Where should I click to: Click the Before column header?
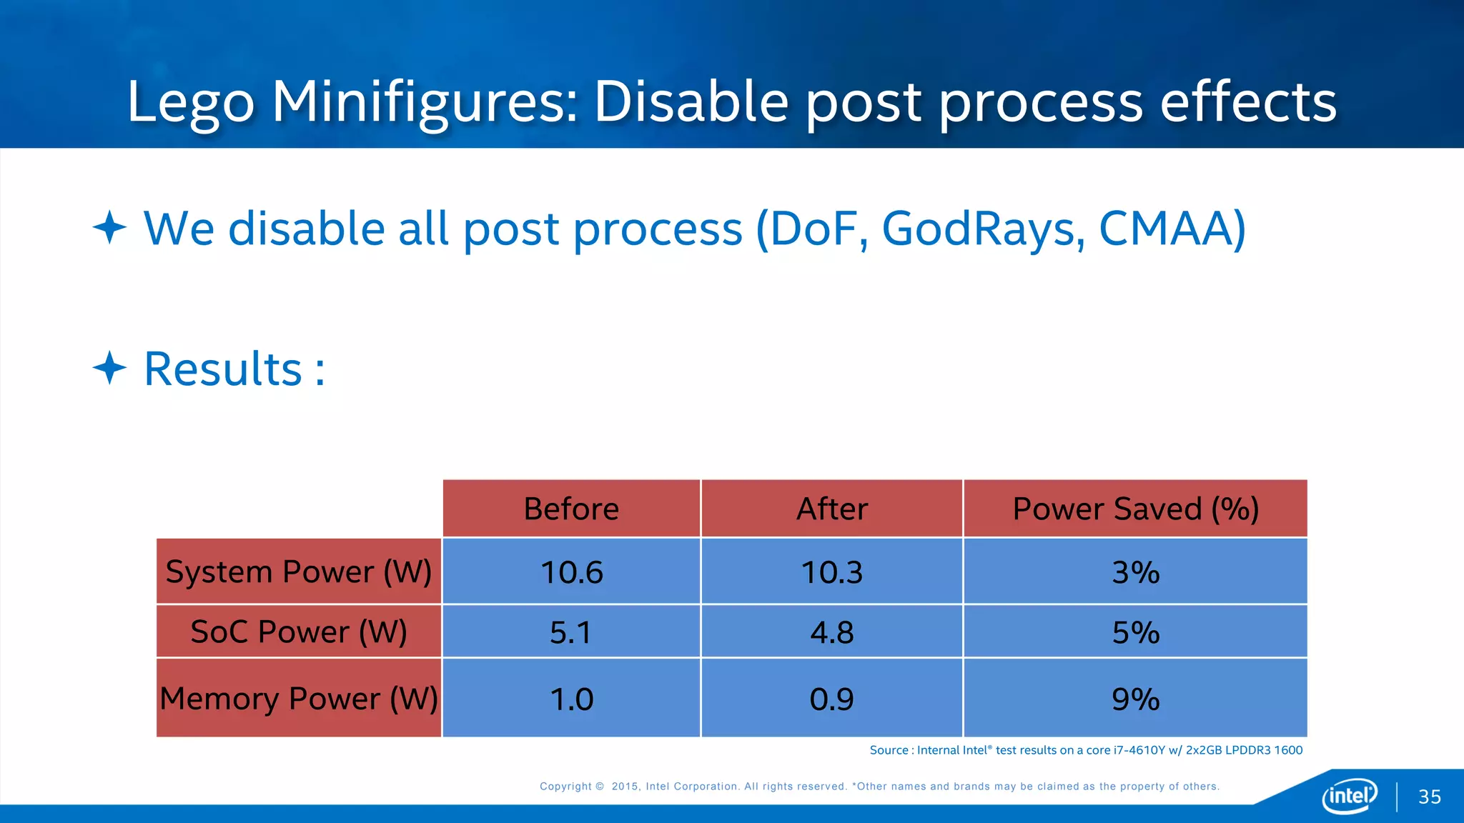point(571,509)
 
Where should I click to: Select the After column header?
point(832,509)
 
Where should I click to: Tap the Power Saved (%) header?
point(1135,509)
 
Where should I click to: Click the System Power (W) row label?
point(299,572)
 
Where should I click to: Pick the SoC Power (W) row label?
point(299,632)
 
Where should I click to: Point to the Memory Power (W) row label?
point(299,698)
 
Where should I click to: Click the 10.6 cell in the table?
point(571,572)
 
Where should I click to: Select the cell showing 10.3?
point(832,572)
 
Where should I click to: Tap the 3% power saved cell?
point(1135,572)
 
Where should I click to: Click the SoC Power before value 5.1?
point(571,632)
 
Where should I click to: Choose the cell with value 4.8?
point(832,632)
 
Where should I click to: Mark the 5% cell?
point(1135,632)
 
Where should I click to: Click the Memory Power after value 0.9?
point(832,699)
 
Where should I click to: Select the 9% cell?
point(1135,699)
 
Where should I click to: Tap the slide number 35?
point(1430,797)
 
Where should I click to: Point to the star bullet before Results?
point(109,369)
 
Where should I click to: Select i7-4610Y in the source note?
point(1139,750)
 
